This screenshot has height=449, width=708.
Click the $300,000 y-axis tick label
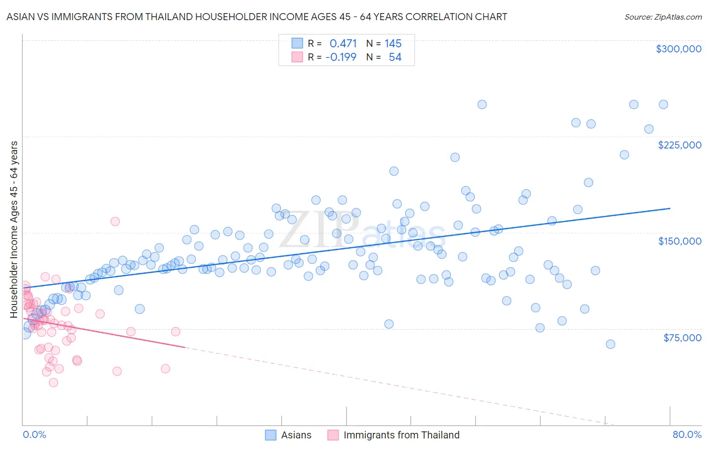(678, 49)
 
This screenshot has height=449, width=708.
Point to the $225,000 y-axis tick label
(679, 145)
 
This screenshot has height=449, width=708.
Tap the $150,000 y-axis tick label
(679, 241)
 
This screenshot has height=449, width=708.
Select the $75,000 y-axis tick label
(682, 338)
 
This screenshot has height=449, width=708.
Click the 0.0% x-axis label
(34, 435)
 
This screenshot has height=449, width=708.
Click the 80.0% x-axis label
(687, 435)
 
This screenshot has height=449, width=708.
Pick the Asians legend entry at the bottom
(296, 435)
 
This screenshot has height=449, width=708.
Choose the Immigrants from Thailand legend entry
(401, 435)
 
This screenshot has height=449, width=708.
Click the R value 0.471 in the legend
(343, 44)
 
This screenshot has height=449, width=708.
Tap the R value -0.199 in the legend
(341, 57)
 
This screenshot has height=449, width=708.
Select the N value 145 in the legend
(393, 44)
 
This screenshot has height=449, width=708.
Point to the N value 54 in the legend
(395, 57)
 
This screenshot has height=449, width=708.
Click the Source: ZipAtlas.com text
(663, 17)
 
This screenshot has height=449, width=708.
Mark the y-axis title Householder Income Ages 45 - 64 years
(14, 230)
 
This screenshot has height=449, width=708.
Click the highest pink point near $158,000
(115, 221)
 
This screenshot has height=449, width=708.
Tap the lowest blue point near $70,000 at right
(610, 344)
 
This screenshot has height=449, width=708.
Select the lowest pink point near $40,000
(53, 383)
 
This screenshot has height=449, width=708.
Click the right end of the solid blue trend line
(670, 208)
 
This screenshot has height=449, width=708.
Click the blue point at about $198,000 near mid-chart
(394, 171)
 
